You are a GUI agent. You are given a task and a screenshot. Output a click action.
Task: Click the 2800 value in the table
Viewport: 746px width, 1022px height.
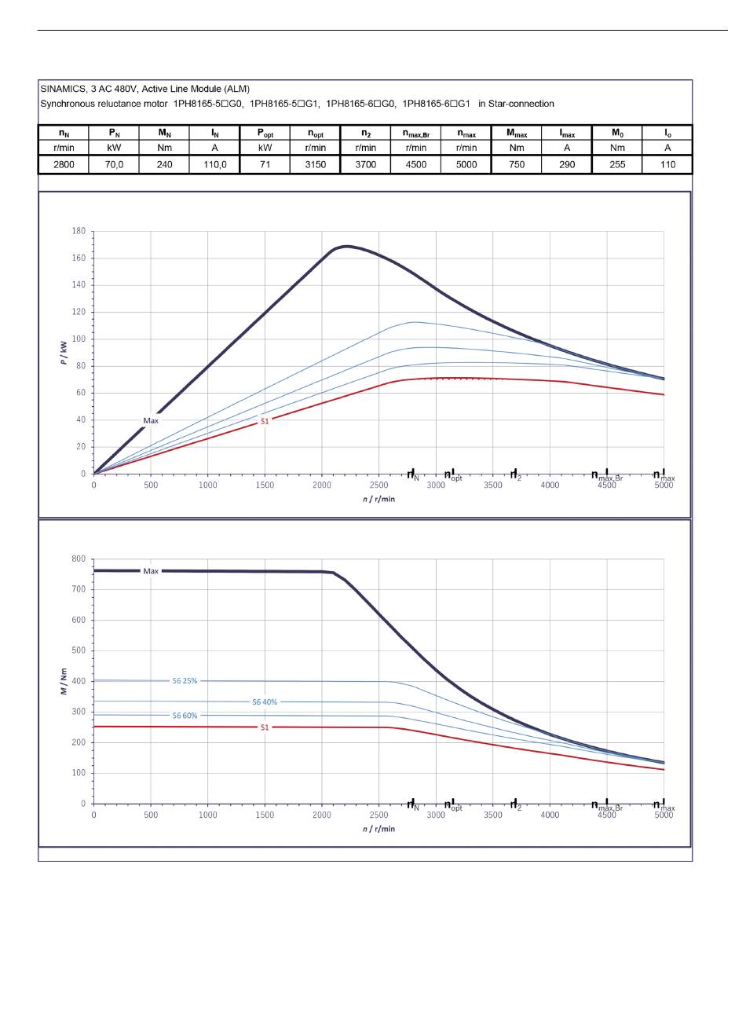click(64, 165)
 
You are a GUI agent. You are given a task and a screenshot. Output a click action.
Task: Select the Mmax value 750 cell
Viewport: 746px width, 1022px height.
click(516, 165)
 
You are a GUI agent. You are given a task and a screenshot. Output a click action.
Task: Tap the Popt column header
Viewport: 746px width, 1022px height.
click(265, 134)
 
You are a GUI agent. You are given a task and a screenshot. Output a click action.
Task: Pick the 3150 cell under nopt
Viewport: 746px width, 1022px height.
click(315, 165)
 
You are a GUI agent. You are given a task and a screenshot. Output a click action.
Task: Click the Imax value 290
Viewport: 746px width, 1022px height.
click(567, 165)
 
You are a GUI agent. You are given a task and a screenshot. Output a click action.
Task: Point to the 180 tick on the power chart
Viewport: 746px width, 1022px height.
click(79, 231)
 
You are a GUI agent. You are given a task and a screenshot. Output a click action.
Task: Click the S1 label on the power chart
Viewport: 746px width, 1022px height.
click(265, 422)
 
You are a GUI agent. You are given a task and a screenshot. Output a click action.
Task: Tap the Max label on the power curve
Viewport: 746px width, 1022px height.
click(151, 421)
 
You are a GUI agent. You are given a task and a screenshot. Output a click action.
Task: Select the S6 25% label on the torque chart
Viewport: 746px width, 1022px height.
click(185, 681)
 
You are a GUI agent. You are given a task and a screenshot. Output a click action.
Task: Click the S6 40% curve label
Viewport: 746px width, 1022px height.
click(265, 701)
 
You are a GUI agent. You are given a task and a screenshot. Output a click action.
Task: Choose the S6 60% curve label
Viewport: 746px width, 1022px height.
click(185, 716)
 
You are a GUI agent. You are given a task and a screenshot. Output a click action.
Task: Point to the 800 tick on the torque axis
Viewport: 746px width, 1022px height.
click(79, 559)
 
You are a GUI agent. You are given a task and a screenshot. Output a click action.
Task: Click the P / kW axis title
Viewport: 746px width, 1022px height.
click(64, 353)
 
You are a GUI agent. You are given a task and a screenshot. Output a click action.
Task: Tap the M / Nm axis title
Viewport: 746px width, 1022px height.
click(64, 682)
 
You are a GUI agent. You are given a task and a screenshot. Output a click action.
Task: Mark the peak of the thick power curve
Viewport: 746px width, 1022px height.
click(346, 247)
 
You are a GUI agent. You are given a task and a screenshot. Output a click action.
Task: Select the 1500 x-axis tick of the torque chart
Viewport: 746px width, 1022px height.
click(265, 815)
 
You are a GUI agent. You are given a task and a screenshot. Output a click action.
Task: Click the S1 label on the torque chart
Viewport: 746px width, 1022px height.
click(265, 727)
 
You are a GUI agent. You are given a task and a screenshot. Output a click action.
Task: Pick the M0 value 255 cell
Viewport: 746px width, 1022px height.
click(617, 165)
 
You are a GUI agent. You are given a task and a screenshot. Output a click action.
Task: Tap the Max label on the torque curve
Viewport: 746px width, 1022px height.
click(151, 571)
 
